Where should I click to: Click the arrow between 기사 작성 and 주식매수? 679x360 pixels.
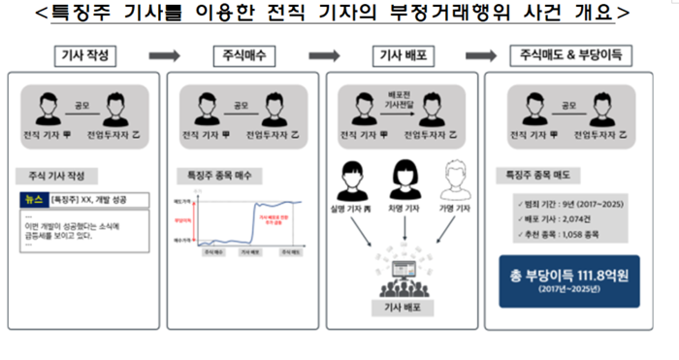160,56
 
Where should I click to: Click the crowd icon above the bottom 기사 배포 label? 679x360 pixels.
403,276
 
